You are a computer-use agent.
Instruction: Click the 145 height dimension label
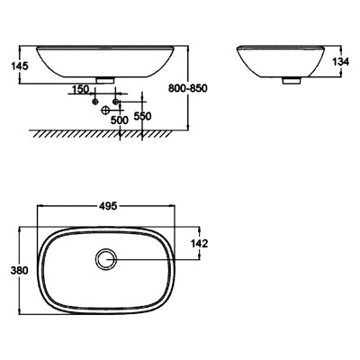20,66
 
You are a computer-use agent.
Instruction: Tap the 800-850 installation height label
188,88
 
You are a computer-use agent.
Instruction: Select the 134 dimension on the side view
341,62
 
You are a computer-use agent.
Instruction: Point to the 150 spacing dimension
80,89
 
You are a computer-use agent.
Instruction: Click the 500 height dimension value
120,121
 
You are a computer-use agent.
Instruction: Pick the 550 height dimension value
142,116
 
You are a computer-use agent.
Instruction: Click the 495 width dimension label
108,206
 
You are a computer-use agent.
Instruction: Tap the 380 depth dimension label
20,270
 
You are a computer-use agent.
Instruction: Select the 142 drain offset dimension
200,244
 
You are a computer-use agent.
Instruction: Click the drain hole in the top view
106,259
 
